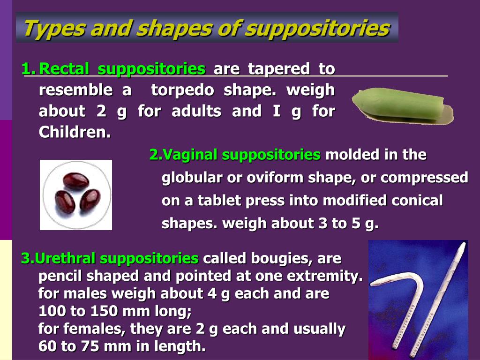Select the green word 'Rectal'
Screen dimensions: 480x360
[64, 68]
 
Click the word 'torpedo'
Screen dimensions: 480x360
[182, 90]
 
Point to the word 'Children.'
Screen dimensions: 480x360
[75, 132]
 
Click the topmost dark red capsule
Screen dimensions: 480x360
[76, 181]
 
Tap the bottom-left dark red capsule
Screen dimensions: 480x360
[65, 202]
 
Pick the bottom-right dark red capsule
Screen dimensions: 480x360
[90, 201]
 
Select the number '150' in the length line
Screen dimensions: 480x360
[105, 311]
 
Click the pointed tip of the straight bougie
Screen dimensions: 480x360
[465, 243]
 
